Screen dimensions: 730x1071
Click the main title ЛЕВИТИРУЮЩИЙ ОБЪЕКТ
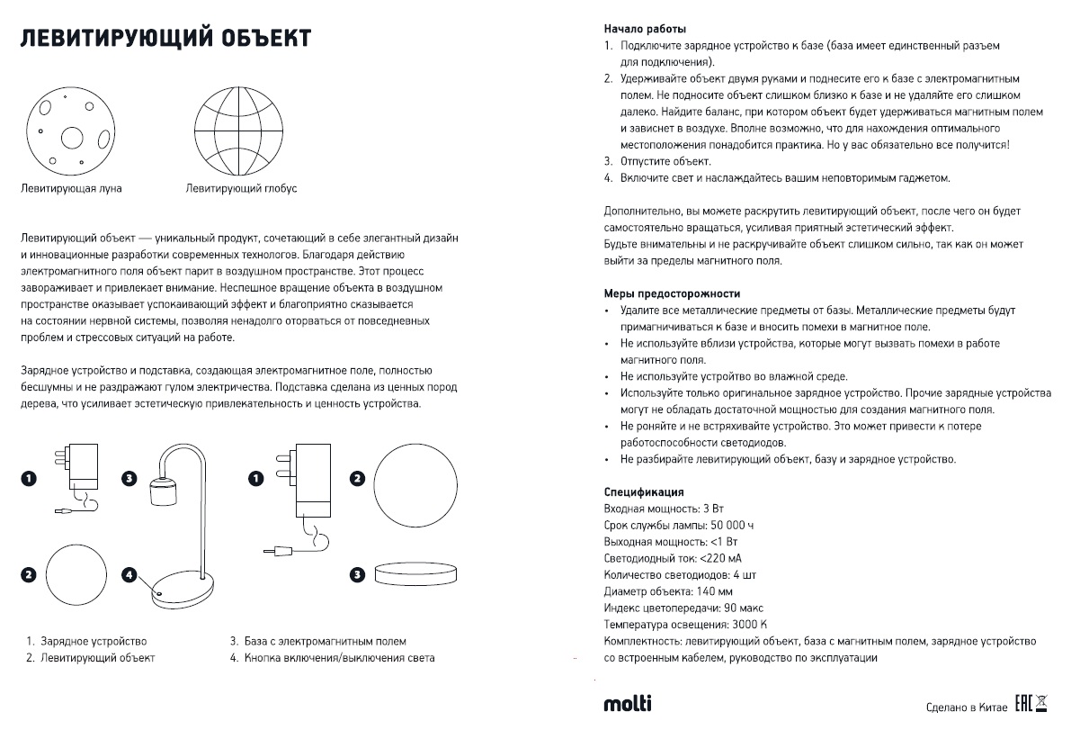(x=166, y=39)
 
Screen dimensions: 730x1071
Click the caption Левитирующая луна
(x=71, y=189)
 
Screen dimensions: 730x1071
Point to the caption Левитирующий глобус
(x=241, y=189)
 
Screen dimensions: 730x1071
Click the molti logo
(x=627, y=703)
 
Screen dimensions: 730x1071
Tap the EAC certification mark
(x=1022, y=703)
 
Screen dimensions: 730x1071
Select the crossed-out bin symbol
(x=1042, y=703)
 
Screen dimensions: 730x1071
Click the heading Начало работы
(x=645, y=29)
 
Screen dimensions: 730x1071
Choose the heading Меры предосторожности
(x=672, y=293)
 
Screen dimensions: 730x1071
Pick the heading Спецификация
(x=644, y=492)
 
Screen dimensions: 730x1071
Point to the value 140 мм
(x=714, y=591)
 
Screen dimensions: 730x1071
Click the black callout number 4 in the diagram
(x=130, y=573)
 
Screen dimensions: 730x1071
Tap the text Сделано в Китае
(x=967, y=707)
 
